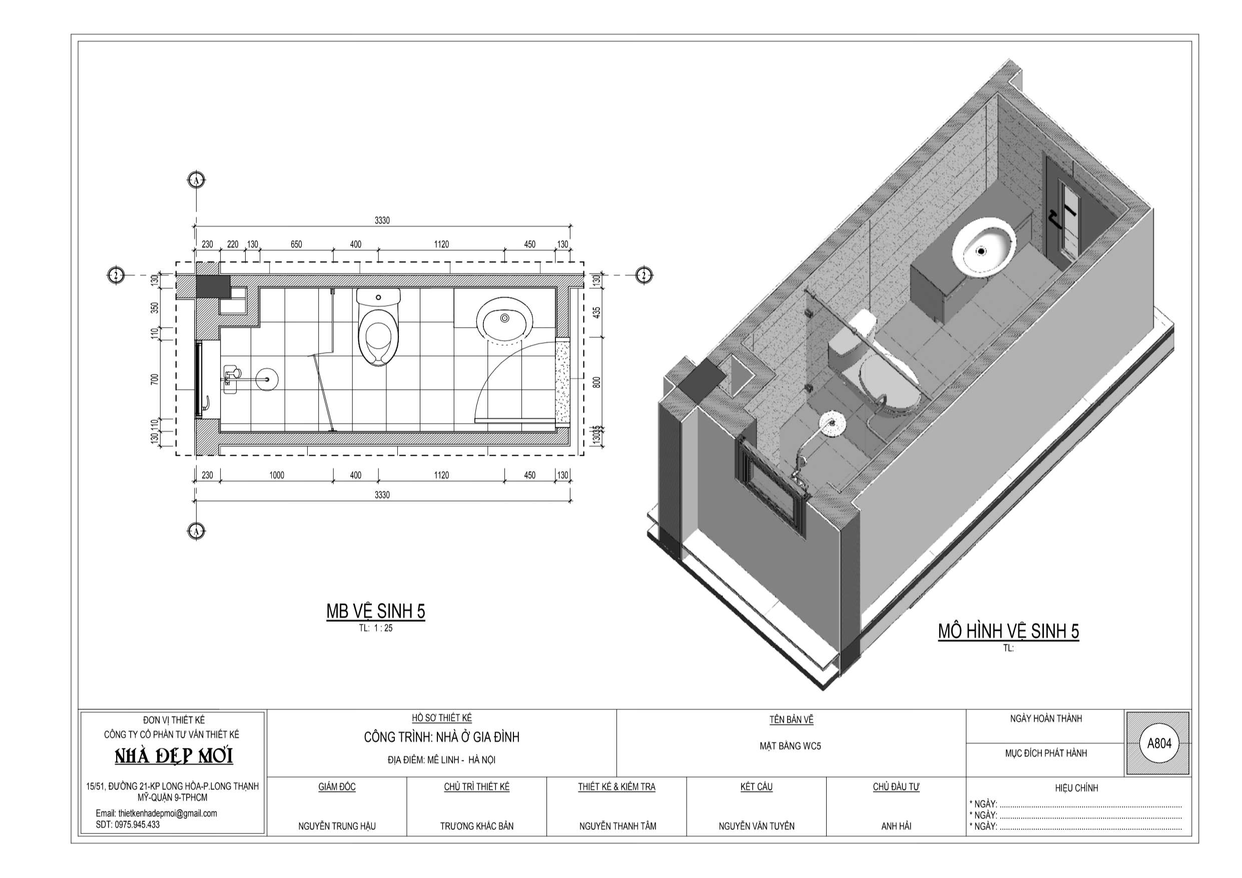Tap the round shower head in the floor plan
pos(266,377)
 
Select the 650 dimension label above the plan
pos(296,245)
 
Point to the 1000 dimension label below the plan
pos(276,475)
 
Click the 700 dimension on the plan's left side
pos(155,380)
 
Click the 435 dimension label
pos(596,313)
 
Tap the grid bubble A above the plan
pos(196,180)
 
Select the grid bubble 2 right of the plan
pos(644,275)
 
